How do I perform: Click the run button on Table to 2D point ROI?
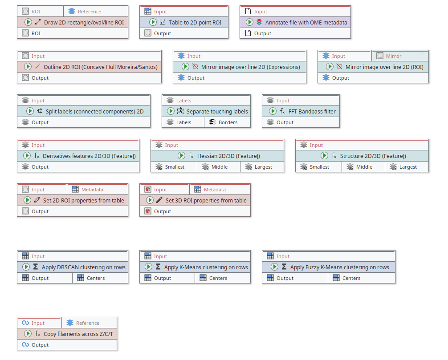coord(153,22)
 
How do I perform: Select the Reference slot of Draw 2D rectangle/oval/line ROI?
coord(89,12)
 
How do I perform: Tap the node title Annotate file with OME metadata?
coord(306,22)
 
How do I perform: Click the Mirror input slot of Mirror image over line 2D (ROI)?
coord(394,56)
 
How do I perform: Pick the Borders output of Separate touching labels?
coord(228,122)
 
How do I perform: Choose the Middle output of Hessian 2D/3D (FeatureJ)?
coord(220,167)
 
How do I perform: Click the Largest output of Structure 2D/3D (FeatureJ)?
coord(408,167)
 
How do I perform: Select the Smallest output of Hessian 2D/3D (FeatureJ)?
coord(175,167)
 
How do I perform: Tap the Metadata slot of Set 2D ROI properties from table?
coord(92,190)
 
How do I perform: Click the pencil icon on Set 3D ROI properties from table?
coord(159,200)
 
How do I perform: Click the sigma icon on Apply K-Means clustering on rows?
coord(158,267)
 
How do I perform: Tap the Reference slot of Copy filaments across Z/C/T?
coord(88,323)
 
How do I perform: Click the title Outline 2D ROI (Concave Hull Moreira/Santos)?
coord(102,67)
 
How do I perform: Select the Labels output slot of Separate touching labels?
coord(183,122)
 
